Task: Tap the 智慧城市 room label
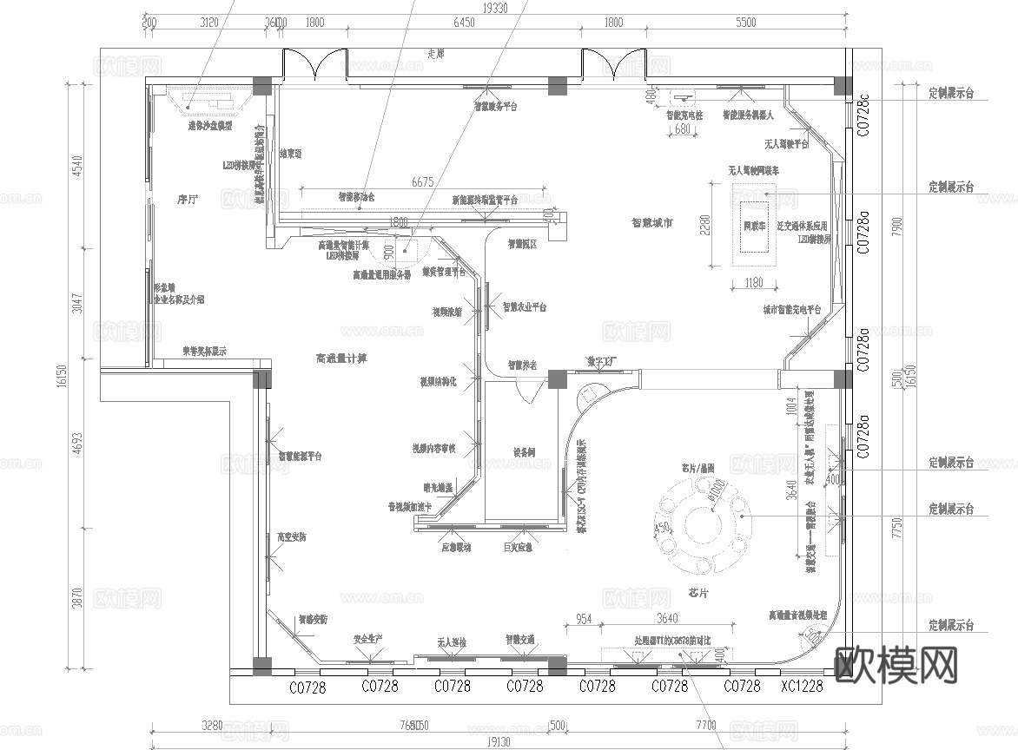(651, 221)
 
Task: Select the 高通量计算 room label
(340, 359)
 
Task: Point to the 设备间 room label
(524, 452)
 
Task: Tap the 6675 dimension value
(422, 182)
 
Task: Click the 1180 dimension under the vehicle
(753, 282)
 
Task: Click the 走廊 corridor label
(435, 54)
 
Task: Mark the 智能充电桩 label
(684, 115)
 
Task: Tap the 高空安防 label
(291, 537)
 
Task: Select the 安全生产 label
(368, 639)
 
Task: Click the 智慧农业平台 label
(524, 307)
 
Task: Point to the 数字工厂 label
(601, 360)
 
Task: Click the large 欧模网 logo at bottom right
(896, 665)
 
